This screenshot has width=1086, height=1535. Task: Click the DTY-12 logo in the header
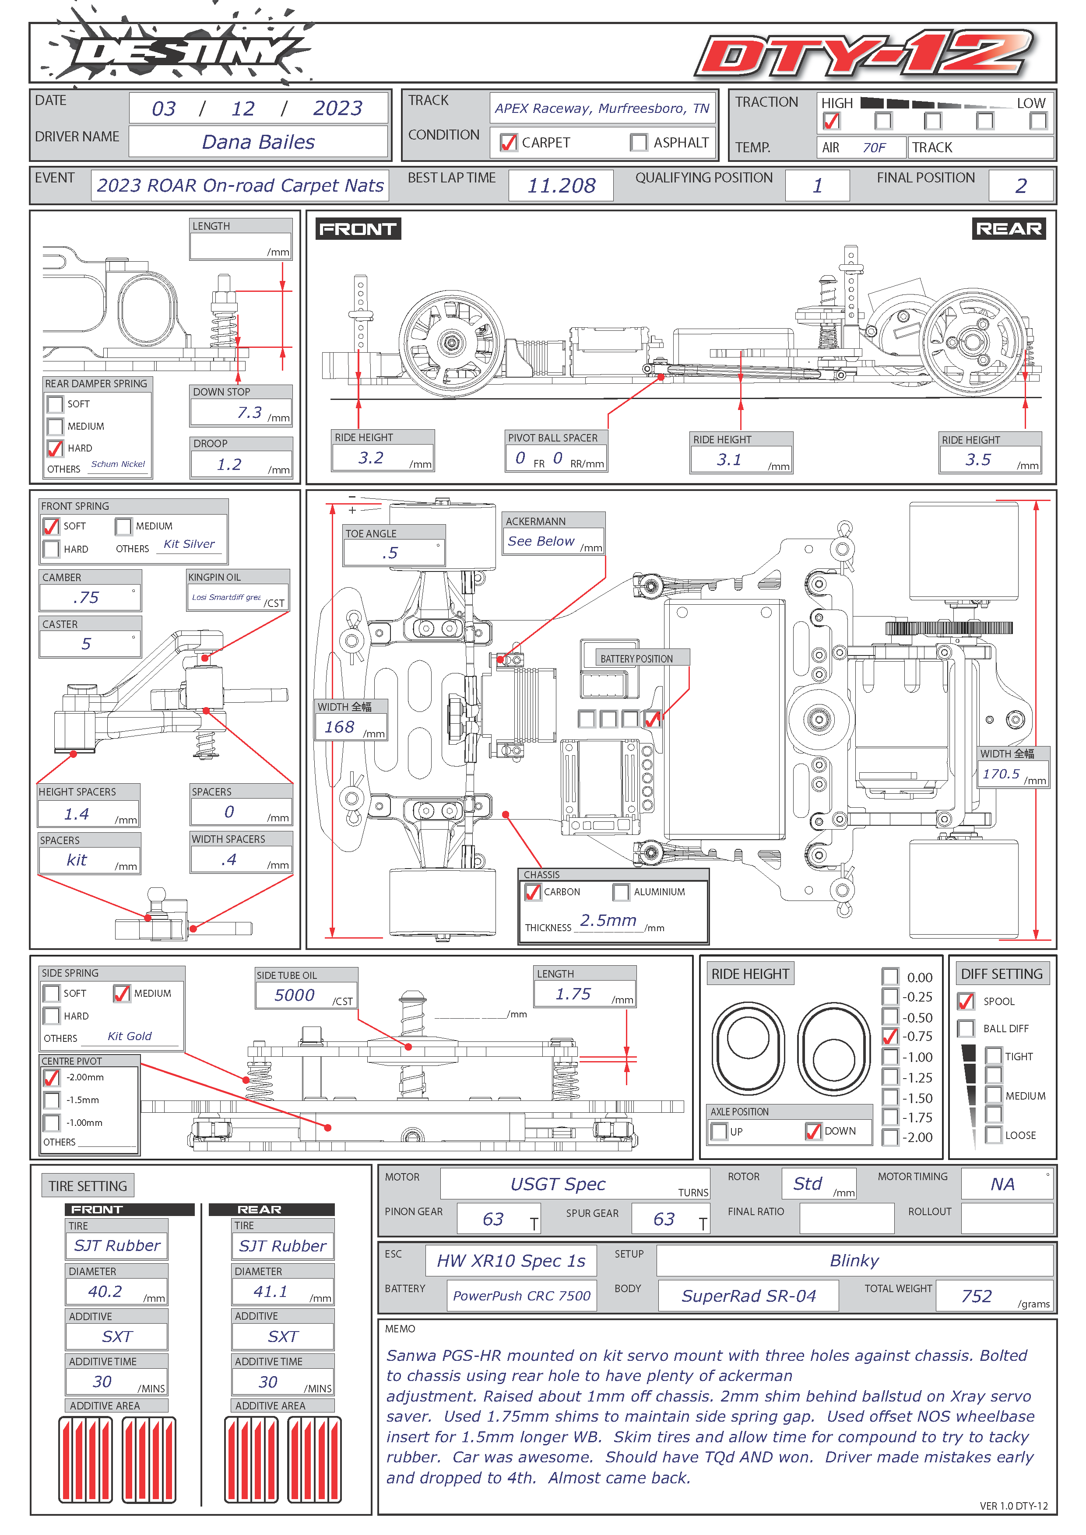click(x=865, y=53)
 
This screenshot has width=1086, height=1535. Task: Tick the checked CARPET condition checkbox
click(x=508, y=142)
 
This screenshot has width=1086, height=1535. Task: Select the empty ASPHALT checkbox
click(x=639, y=142)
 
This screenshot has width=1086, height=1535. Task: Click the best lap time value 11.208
click(x=561, y=185)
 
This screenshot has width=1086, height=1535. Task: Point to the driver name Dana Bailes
click(x=258, y=142)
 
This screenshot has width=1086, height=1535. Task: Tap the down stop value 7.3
click(x=250, y=413)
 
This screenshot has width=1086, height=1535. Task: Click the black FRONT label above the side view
click(x=358, y=229)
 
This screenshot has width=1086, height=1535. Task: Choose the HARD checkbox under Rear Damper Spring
click(x=55, y=448)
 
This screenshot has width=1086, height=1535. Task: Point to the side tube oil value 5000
click(x=294, y=995)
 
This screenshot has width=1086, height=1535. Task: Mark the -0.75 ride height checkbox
click(x=890, y=1036)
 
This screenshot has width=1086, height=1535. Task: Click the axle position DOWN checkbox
click(x=813, y=1131)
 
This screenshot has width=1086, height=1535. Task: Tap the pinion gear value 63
click(x=493, y=1219)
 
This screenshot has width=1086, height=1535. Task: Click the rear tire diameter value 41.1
click(x=271, y=1291)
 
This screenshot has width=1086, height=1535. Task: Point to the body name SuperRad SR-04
click(x=749, y=1296)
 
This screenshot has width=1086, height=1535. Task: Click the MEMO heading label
click(x=400, y=1328)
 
